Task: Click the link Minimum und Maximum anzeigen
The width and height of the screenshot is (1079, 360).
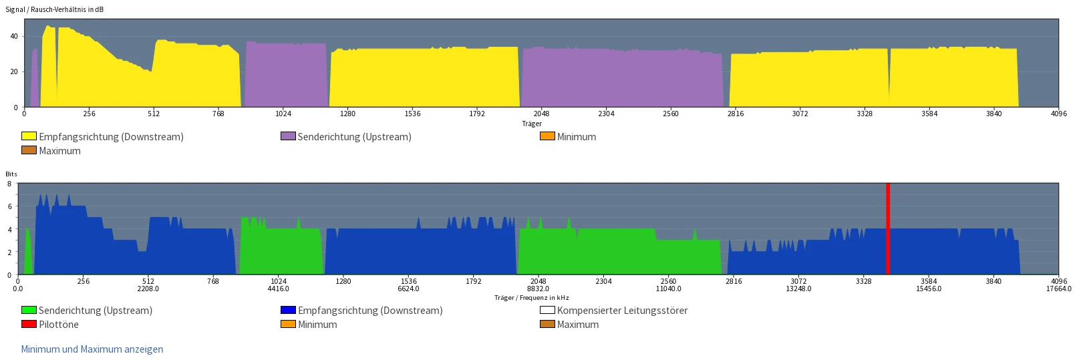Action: click(x=92, y=349)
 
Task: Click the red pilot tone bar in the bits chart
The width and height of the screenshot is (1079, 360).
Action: click(x=888, y=228)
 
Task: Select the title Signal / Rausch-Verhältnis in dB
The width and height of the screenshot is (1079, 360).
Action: click(x=55, y=9)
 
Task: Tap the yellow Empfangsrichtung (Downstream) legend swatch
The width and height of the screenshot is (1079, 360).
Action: click(x=29, y=136)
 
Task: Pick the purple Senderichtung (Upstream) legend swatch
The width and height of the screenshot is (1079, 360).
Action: click(x=288, y=136)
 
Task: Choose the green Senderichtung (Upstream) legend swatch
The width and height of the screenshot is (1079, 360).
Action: click(x=29, y=310)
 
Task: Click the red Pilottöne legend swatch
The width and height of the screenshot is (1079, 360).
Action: click(x=29, y=324)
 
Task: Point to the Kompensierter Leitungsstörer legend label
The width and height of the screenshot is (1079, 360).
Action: click(x=622, y=311)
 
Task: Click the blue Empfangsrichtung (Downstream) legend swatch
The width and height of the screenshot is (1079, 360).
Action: click(x=288, y=310)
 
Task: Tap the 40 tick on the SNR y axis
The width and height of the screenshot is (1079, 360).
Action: click(x=14, y=36)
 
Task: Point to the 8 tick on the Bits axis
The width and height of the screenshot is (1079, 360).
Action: click(x=9, y=184)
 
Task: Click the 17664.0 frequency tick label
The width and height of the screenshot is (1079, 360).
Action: click(x=1059, y=289)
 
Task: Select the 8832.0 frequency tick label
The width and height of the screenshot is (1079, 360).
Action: click(x=538, y=289)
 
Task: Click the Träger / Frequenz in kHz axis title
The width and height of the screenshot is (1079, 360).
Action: click(x=532, y=298)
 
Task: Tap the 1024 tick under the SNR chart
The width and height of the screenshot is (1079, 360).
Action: click(x=283, y=114)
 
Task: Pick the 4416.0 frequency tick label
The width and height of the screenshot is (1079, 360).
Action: click(x=278, y=289)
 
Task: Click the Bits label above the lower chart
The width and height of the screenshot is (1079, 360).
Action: click(x=11, y=174)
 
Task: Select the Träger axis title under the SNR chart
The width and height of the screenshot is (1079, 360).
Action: click(x=532, y=124)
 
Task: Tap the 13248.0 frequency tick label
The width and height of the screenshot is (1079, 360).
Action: click(x=798, y=289)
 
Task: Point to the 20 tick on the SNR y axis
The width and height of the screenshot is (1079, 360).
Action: click(x=14, y=71)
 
